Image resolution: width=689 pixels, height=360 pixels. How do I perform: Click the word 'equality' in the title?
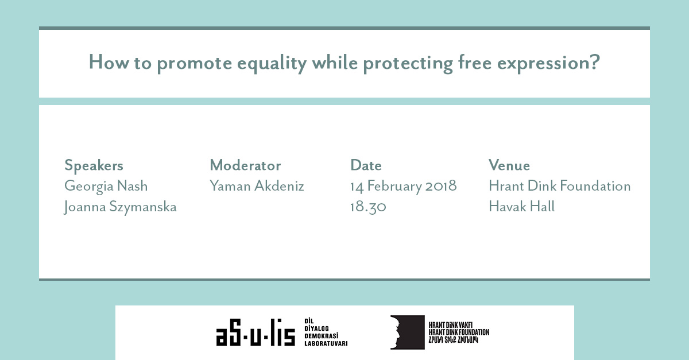click(272, 64)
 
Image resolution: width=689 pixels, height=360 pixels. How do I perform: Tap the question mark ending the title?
click(595, 61)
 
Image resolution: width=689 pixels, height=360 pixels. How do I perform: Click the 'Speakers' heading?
click(94, 166)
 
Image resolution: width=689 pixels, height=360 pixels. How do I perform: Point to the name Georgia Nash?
click(106, 187)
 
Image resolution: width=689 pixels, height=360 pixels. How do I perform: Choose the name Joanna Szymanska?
click(120, 207)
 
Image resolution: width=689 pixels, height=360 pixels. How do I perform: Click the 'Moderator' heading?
click(245, 165)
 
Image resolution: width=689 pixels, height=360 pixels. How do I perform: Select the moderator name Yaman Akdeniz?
click(257, 186)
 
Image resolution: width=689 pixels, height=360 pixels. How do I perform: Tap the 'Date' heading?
click(366, 165)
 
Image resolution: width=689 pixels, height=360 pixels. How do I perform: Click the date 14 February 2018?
click(404, 187)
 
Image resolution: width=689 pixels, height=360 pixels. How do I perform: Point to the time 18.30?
click(368, 207)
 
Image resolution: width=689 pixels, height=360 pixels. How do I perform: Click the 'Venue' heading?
click(509, 165)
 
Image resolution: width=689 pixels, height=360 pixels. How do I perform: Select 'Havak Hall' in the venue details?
click(522, 206)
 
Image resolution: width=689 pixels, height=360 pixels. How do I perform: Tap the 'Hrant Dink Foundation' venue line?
click(560, 186)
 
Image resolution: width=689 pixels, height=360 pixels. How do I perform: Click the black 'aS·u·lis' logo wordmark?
click(256, 332)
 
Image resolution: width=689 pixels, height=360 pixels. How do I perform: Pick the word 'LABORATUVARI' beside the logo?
click(326, 343)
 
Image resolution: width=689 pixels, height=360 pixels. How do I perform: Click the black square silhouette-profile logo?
click(408, 332)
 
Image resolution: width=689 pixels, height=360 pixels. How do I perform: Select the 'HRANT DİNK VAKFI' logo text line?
click(451, 325)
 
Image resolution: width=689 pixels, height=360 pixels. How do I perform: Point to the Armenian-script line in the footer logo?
click(454, 340)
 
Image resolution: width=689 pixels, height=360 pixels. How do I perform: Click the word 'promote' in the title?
click(195, 64)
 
